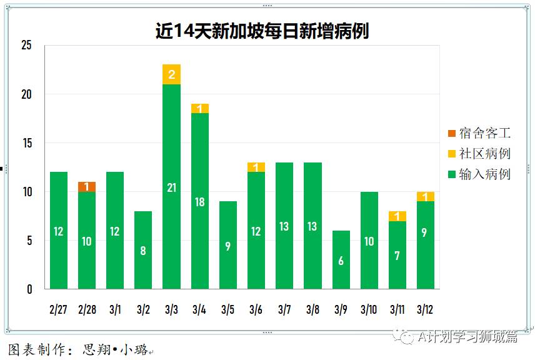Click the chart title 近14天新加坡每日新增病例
[x=262, y=31]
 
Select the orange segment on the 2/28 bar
[x=87, y=187]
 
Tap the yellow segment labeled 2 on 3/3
[x=171, y=74]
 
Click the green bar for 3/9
[x=341, y=259]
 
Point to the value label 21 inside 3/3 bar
[x=171, y=187]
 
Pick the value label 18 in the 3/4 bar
[x=199, y=202]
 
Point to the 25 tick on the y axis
[x=26, y=46]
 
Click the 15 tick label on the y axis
[x=26, y=143]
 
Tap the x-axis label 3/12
[x=425, y=309]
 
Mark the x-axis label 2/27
[x=58, y=309]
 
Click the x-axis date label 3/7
[x=284, y=309]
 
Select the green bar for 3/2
[x=143, y=250]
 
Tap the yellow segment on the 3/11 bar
[x=397, y=216]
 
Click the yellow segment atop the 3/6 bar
[x=256, y=167]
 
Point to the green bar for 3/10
[x=369, y=241]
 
